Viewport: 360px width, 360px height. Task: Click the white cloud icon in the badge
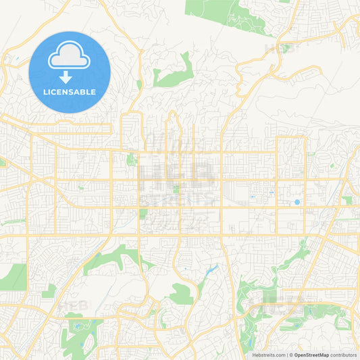click(x=70, y=58)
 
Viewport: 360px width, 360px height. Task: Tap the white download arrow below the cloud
click(x=70, y=76)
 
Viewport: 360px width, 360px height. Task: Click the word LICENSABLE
click(x=70, y=91)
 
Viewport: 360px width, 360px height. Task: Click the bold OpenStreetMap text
click(x=311, y=355)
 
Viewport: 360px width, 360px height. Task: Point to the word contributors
click(x=343, y=355)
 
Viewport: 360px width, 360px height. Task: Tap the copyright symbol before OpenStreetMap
click(x=291, y=355)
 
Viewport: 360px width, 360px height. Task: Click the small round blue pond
click(x=297, y=202)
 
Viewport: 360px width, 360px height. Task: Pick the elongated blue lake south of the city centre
click(x=210, y=272)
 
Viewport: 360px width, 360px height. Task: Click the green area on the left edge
click(x=12, y=277)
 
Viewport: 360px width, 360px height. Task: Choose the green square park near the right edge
click(x=347, y=201)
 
